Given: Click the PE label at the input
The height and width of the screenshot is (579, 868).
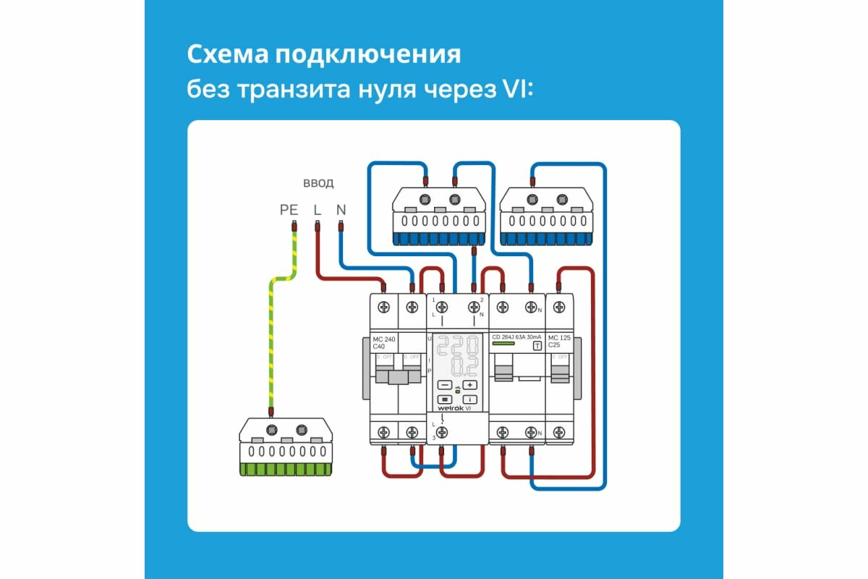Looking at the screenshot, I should pyautogui.click(x=289, y=211).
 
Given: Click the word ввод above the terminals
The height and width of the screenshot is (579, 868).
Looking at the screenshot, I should pyautogui.click(x=318, y=183).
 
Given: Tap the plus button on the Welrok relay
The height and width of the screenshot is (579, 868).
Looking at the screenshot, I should pyautogui.click(x=470, y=385).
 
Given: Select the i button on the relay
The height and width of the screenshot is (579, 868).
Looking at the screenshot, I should pyautogui.click(x=470, y=399).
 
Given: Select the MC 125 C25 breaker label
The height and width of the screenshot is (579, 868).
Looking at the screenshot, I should pyautogui.click(x=558, y=341).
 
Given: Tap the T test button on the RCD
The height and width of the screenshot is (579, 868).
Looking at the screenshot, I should pyautogui.click(x=537, y=346).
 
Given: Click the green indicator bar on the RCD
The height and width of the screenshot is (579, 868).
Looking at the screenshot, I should pyautogui.click(x=504, y=345).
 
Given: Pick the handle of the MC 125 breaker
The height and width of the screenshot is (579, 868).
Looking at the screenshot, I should pyautogui.click(x=558, y=373).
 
